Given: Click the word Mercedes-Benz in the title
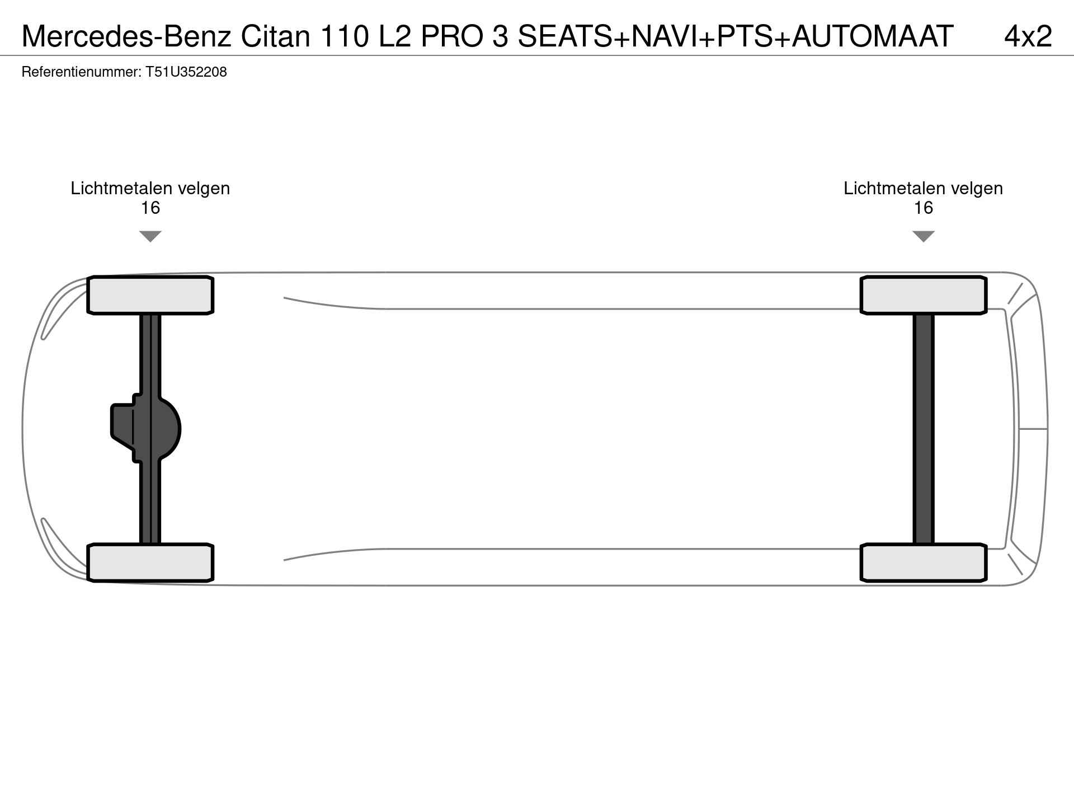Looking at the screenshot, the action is pyautogui.click(x=126, y=36).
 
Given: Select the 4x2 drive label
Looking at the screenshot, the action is pyautogui.click(x=1028, y=36).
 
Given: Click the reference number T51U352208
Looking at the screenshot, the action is pyautogui.click(x=186, y=72).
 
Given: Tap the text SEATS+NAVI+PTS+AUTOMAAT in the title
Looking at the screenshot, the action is pyautogui.click(x=736, y=36).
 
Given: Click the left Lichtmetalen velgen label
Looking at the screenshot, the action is pyautogui.click(x=150, y=189).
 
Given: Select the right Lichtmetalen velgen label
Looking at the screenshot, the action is pyautogui.click(x=924, y=189).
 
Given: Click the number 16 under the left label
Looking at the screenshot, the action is pyautogui.click(x=150, y=208).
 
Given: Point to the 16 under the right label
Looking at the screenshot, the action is pyautogui.click(x=924, y=208).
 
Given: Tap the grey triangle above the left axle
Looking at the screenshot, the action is pyautogui.click(x=150, y=236).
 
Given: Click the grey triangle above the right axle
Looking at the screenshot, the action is pyautogui.click(x=924, y=236).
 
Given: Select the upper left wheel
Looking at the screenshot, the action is pyautogui.click(x=150, y=295).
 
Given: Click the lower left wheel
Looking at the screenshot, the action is pyautogui.click(x=150, y=563).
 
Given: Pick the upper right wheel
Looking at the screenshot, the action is pyautogui.click(x=924, y=295).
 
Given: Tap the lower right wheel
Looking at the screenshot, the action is pyautogui.click(x=924, y=563).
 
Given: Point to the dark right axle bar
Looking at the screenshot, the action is pyautogui.click(x=924, y=429).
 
